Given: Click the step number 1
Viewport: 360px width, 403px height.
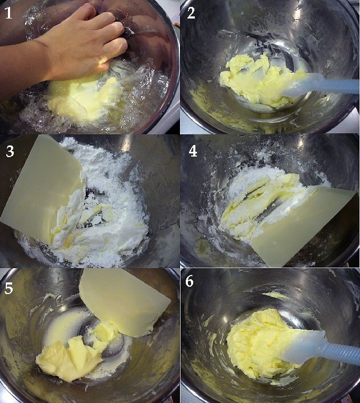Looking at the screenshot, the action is [8, 13].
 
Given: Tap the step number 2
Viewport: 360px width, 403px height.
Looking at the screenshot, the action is [191, 13].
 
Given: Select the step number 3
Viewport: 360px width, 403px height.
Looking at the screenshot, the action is [10, 151].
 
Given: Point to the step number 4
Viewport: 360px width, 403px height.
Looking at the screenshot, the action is [193, 151].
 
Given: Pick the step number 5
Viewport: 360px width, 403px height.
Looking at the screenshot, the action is [8, 288].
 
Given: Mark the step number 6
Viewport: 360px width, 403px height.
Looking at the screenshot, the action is [190, 281].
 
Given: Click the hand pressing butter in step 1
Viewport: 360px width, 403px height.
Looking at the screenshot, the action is [83, 44].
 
